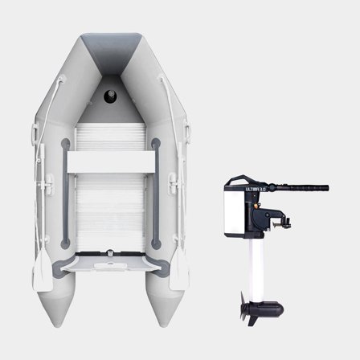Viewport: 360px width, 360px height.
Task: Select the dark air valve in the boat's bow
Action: tap(111, 97)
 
